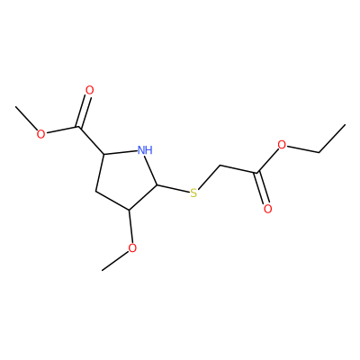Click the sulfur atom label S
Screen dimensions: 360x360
pyautogui.click(x=194, y=193)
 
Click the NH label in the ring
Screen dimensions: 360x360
pyautogui.click(x=145, y=149)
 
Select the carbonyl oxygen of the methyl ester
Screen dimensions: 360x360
pyautogui.click(x=89, y=90)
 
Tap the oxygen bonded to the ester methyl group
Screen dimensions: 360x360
pyautogui.click(x=40, y=134)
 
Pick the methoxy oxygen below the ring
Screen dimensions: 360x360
pyautogui.click(x=132, y=248)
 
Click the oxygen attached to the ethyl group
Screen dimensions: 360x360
pyautogui.click(x=282, y=145)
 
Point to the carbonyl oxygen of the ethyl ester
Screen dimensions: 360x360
pyautogui.click(x=268, y=209)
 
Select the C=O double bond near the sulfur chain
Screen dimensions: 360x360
pyautogui.click(x=261, y=188)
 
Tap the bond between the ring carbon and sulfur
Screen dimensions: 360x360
pyautogui.click(x=173, y=189)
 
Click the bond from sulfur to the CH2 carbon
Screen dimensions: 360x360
pyautogui.click(x=209, y=177)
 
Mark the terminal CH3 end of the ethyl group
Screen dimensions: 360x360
pyautogui.click(x=346, y=124)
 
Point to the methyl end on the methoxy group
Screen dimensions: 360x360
pyautogui.click(x=103, y=270)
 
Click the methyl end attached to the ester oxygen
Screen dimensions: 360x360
pyautogui.click(x=15, y=106)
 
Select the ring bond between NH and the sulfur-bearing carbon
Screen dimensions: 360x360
pyautogui.click(x=152, y=170)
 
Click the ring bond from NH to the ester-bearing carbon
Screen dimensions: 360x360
pyautogui.click(x=120, y=152)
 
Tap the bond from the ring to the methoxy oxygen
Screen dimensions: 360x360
pyautogui.click(x=130, y=227)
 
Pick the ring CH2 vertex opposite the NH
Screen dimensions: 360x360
pyautogui.click(x=95, y=191)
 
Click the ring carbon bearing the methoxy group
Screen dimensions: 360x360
pyautogui.click(x=129, y=210)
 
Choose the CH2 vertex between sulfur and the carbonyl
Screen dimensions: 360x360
pyautogui.click(x=220, y=165)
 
